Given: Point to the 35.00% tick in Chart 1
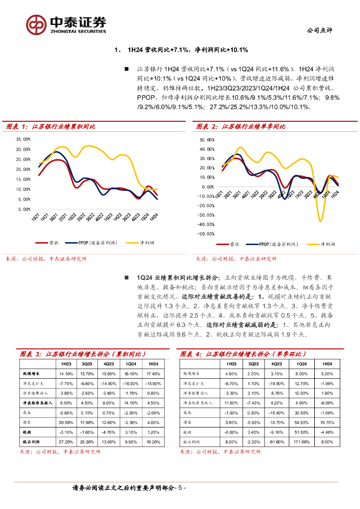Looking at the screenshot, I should [23, 139].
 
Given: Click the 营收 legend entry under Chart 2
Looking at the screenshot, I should [234, 245].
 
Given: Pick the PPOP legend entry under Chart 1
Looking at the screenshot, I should [97, 243].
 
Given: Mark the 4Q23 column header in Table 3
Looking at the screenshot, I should [109, 364].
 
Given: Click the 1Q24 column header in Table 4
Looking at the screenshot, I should [301, 364].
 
